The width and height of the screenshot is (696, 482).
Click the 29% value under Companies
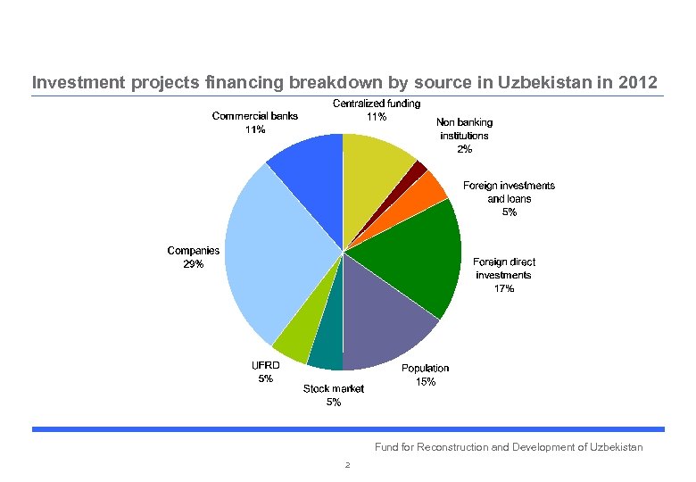(194, 264)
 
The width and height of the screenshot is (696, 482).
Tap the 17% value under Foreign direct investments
(504, 288)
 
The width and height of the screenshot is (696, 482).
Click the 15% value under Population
(426, 382)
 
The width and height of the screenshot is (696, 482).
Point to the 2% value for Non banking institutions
(464, 149)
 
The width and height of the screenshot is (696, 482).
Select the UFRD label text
(266, 365)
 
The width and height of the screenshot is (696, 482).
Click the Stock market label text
(333, 388)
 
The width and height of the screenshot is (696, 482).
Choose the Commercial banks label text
(255, 115)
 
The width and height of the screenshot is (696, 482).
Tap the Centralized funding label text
(377, 104)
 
